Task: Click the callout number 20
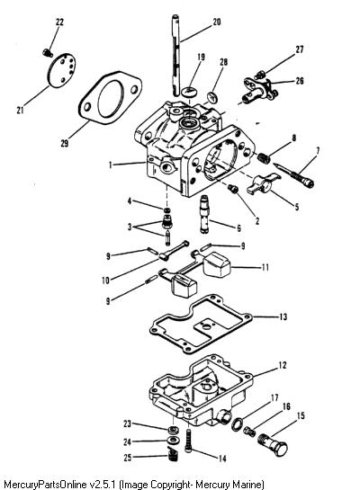coord(217,22)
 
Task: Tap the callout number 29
coord(65,144)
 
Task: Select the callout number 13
coord(283,316)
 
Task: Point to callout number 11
coord(265,268)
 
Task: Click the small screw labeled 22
coord(48,53)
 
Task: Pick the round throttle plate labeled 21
coord(61,71)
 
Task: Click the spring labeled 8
coord(264,158)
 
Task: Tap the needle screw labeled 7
coord(293,174)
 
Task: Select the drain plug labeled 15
coord(273,445)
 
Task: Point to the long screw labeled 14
coord(189,441)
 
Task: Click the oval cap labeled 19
coord(191,91)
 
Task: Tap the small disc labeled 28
coord(212,96)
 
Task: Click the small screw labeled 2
coord(233,189)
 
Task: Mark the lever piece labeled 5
coord(263,183)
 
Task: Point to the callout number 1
coord(110,165)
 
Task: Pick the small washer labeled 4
coord(167,210)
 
